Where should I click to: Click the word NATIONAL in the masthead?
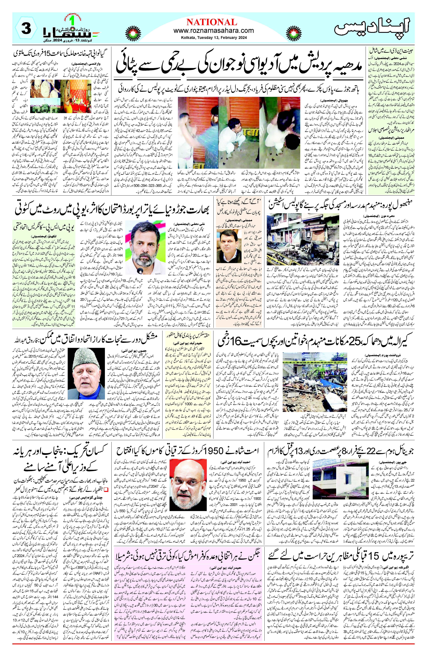[x=212, y=22]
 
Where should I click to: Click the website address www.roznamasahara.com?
[x=214, y=31]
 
